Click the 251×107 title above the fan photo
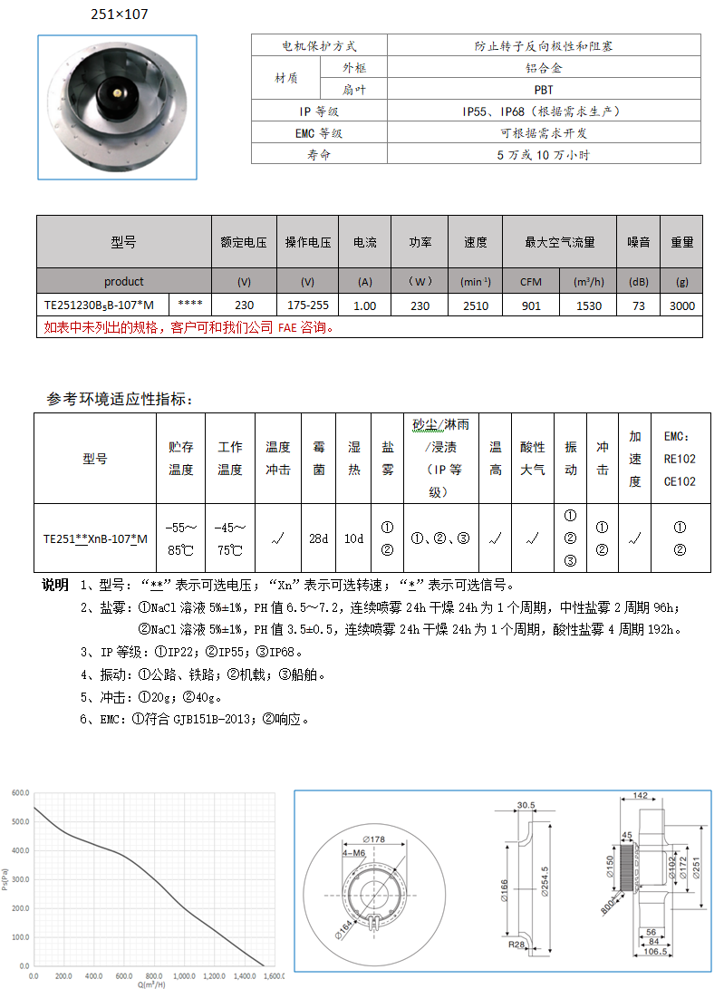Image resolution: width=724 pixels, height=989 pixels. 120,15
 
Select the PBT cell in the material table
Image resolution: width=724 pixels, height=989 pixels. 544,90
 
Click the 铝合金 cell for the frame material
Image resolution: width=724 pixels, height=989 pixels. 544,68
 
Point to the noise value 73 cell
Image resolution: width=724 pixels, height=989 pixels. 639,305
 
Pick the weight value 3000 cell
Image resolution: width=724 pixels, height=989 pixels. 682,305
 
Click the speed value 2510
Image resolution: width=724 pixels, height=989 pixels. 476,305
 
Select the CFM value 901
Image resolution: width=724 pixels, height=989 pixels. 531,305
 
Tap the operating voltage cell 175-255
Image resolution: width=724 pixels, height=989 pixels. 308,305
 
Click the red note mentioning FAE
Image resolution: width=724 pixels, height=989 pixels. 188,327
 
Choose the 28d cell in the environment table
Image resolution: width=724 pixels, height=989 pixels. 318,538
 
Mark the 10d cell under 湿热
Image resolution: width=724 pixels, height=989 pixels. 354,538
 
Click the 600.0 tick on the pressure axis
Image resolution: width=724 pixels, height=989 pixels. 20,793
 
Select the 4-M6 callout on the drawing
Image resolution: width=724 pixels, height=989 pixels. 354,853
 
